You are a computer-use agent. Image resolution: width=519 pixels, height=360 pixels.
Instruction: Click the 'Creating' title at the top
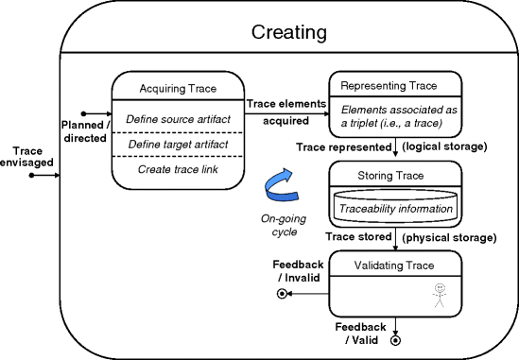(x=289, y=33)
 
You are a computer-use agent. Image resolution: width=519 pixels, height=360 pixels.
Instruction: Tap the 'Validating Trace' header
(x=395, y=266)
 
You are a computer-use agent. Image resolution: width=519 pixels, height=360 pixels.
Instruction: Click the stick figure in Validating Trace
(x=438, y=296)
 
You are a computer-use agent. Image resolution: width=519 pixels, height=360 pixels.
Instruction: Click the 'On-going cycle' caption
(x=280, y=223)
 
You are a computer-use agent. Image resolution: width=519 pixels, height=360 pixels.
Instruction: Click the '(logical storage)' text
(x=445, y=147)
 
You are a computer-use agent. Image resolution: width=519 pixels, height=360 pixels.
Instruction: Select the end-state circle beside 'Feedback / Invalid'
(x=281, y=294)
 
